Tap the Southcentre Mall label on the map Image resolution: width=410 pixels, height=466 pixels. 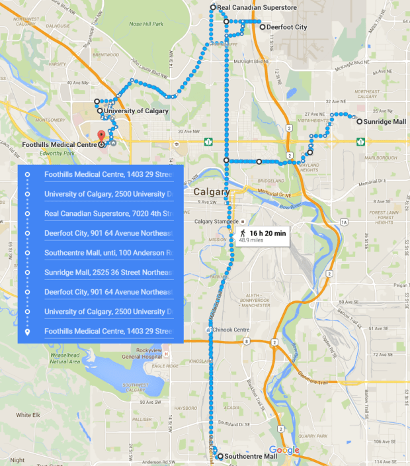[x=251, y=457]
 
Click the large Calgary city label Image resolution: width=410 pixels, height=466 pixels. [x=211, y=192]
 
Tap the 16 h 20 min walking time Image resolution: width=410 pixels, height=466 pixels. [x=268, y=233]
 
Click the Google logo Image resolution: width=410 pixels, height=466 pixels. [x=284, y=451]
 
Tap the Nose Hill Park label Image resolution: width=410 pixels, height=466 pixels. [x=145, y=24]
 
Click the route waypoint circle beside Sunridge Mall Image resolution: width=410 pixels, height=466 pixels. [x=358, y=122]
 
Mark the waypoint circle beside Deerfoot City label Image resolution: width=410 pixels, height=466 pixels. [x=263, y=27]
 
